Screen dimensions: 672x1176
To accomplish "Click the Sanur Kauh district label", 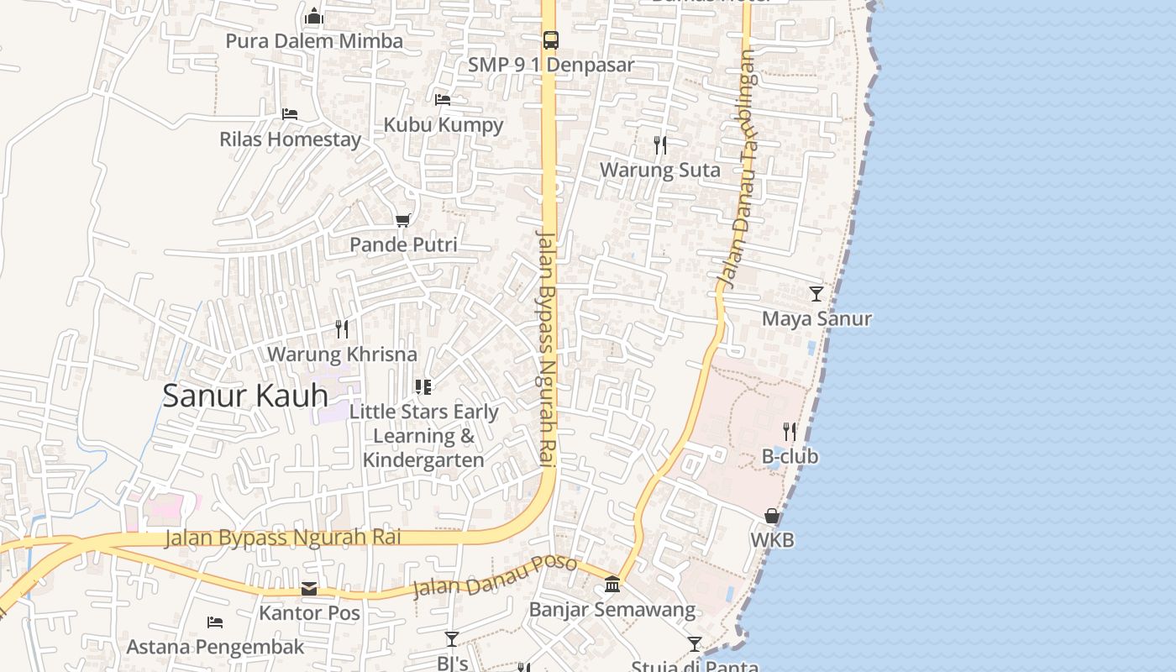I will click(245, 396).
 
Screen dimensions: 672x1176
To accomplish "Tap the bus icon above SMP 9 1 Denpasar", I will click(550, 39).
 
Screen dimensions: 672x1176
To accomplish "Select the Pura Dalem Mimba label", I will click(314, 41).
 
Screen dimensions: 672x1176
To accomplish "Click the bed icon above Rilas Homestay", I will click(290, 114).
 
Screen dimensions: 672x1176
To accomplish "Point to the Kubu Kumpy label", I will click(444, 125).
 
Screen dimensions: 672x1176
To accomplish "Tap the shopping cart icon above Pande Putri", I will click(403, 220).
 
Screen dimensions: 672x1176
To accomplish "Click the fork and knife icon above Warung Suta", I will click(660, 145).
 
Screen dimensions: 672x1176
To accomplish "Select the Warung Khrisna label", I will click(342, 354).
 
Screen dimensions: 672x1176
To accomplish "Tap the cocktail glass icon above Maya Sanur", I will click(816, 294).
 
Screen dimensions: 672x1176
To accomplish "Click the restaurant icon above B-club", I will click(790, 432).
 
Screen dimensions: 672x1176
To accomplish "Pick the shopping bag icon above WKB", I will click(772, 516).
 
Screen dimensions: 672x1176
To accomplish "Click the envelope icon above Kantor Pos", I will click(309, 589).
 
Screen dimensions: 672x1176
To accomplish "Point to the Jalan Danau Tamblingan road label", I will click(738, 168).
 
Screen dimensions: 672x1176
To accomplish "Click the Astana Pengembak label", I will click(215, 647).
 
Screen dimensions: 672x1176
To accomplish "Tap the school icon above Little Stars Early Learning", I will click(423, 387).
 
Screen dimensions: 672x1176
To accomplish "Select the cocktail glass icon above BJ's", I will click(452, 639).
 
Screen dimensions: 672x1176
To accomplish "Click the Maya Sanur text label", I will click(816, 319).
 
